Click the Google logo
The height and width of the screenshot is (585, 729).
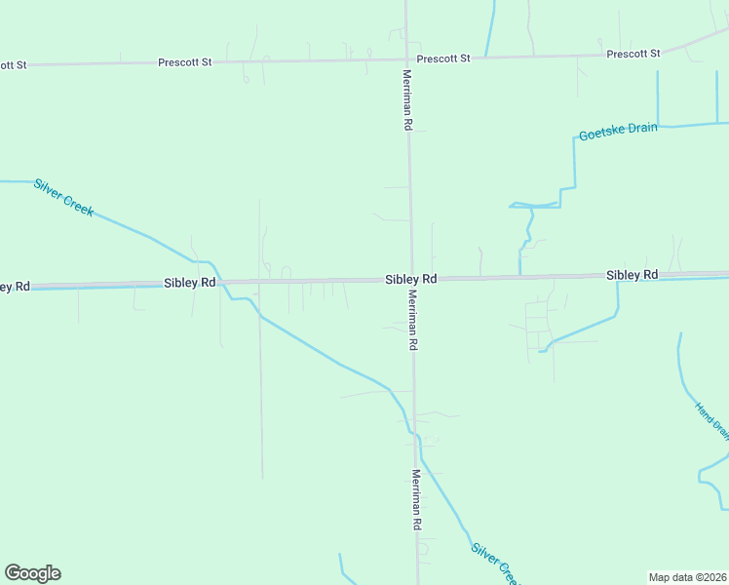(32, 573)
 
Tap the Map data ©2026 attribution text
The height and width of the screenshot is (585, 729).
(687, 576)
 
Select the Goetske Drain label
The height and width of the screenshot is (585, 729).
(618, 132)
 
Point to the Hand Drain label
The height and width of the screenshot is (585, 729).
(711, 417)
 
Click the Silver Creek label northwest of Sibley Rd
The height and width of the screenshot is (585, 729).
(63, 197)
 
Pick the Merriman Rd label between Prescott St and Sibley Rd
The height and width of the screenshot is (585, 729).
(407, 99)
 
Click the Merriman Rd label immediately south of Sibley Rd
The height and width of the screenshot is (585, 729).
(413, 321)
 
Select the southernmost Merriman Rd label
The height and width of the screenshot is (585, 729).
(416, 499)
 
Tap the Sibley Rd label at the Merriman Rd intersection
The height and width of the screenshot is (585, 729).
(410, 279)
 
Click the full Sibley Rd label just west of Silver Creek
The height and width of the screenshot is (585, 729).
(189, 283)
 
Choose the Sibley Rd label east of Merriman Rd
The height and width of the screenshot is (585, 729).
(632, 276)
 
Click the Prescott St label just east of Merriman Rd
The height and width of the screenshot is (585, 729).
(443, 58)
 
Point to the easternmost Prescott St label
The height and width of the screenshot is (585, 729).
(633, 54)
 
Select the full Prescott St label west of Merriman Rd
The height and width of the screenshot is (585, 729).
(185, 62)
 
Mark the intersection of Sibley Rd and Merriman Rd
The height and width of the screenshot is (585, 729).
(410, 280)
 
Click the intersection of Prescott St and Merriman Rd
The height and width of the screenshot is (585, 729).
(406, 58)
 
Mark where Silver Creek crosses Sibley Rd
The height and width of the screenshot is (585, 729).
(219, 282)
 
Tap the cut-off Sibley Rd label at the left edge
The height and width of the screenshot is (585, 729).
(15, 287)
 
